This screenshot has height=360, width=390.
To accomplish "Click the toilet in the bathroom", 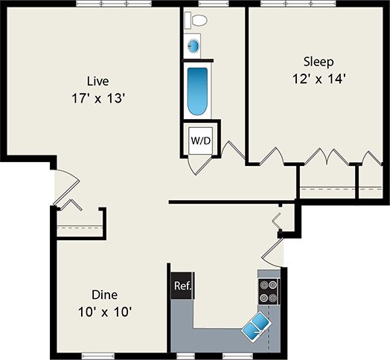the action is click(x=196, y=20).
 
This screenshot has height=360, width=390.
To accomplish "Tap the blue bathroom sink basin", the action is click(x=194, y=46).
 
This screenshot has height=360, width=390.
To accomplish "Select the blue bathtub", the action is click(x=197, y=91).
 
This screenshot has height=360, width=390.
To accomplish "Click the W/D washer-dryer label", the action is click(x=201, y=141).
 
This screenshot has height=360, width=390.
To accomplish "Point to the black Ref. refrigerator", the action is click(x=182, y=286).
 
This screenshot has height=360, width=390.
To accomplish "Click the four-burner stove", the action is click(x=269, y=292).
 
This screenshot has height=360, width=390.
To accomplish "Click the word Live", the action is click(x=97, y=81).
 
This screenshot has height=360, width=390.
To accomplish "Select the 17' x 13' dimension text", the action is click(x=97, y=98).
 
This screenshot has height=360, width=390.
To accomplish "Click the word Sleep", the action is click(x=319, y=62).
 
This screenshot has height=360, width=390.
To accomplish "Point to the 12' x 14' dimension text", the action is click(x=319, y=79).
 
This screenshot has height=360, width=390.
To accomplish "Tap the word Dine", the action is click(x=104, y=295).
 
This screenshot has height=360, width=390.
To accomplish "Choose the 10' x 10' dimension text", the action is click(x=105, y=312).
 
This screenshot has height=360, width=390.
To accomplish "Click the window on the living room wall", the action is click(x=114, y=4).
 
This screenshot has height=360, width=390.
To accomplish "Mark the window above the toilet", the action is click(x=214, y=4).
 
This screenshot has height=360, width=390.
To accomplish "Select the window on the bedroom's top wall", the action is click(x=299, y=4).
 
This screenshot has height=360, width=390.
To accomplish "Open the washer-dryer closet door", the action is click(x=200, y=164).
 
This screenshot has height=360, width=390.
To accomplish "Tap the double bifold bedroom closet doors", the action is click(x=327, y=157).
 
